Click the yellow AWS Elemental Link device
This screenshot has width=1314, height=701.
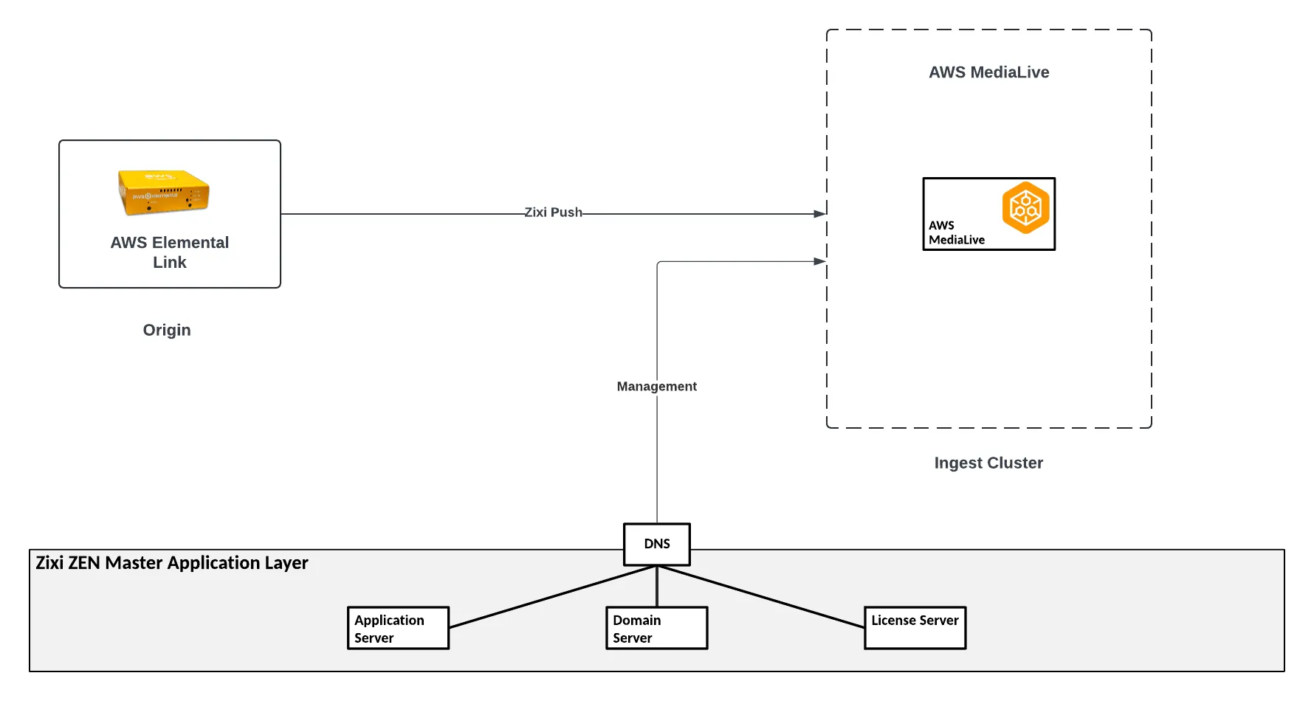coord(164,193)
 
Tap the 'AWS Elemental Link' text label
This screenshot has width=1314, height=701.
coord(170,252)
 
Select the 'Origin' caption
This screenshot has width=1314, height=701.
coord(167,330)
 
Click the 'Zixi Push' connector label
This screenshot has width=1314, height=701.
coord(553,213)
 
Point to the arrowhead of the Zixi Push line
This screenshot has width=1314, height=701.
coord(820,214)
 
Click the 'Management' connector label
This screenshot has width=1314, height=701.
coord(657,386)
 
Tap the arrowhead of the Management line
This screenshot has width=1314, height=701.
coord(820,261)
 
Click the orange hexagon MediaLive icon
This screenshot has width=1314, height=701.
coord(1025,207)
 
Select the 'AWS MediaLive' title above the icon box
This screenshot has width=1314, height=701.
coord(989,72)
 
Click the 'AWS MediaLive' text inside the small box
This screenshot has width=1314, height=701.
coord(957,232)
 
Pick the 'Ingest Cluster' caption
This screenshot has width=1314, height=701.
coord(988,463)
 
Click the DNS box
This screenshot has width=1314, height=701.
coord(657,545)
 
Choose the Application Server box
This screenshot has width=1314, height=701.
coord(398,628)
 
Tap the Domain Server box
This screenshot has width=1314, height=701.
coord(656,628)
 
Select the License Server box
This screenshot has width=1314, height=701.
coord(915,628)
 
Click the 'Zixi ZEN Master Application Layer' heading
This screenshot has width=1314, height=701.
coord(172,563)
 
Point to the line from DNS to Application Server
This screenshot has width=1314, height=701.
coord(553,597)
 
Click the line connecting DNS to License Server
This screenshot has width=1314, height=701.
coord(760,597)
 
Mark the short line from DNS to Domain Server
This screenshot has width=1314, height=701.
coord(657,587)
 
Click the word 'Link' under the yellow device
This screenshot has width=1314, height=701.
coord(170,263)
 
